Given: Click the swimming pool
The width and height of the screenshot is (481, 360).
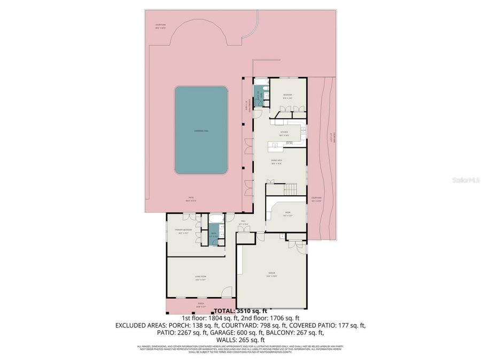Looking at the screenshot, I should coord(201,130).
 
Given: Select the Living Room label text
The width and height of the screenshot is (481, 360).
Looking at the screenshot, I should coord(200,276).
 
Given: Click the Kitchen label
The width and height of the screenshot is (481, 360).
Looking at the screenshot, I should coord(285,133).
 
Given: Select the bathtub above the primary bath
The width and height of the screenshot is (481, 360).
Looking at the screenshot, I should coord(216,219).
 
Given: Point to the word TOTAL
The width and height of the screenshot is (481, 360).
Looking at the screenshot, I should coord(224,311).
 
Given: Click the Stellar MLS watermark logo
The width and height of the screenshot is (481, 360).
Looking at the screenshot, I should coord(466,181).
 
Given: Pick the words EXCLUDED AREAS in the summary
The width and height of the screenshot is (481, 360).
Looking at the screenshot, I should coord(140,325).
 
